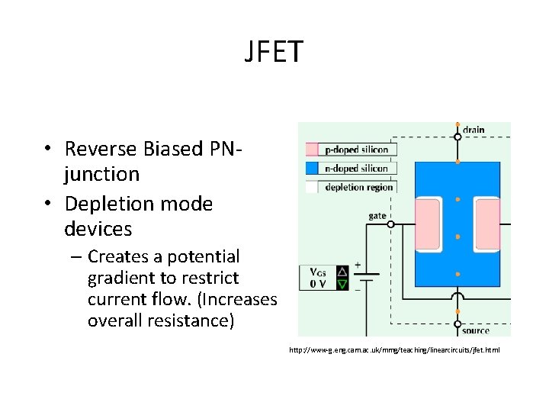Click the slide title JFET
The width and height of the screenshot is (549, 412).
pyautogui.click(x=274, y=52)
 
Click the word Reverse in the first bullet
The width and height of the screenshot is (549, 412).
pyautogui.click(x=100, y=148)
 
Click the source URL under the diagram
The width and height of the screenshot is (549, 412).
pyautogui.click(x=394, y=350)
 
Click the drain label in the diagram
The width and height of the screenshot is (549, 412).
pyautogui.click(x=473, y=130)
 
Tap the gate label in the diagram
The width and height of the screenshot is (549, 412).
pyautogui.click(x=377, y=216)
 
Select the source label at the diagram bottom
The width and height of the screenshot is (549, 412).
pyautogui.click(x=476, y=331)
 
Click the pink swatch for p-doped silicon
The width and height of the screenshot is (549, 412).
pyautogui.click(x=312, y=150)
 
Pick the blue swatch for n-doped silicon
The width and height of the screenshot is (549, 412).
pyautogui.click(x=312, y=169)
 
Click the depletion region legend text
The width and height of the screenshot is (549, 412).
pyautogui.click(x=358, y=187)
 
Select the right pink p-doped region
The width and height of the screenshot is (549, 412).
pyautogui.click(x=486, y=226)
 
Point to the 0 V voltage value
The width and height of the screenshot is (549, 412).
pyautogui.click(x=318, y=285)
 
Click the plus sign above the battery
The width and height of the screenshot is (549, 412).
pyautogui.click(x=358, y=266)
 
